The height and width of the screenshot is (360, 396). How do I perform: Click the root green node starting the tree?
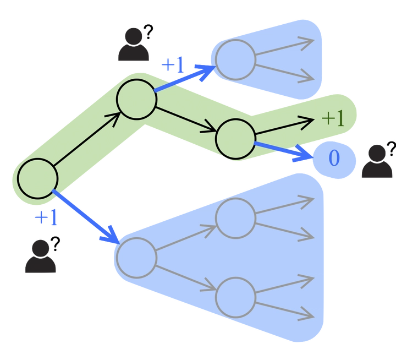38,178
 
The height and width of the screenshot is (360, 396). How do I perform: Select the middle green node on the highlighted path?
136,100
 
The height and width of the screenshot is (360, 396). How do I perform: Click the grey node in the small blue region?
235,59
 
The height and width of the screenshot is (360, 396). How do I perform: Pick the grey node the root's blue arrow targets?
136,257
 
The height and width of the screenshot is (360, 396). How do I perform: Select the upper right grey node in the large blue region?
235,219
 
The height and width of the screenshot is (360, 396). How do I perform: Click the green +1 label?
332,118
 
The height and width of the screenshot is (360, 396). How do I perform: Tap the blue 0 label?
334,159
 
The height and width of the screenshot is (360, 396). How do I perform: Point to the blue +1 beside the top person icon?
172,66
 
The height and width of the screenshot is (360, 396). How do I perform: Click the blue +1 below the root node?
45,219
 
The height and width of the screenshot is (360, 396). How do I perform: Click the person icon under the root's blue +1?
41,258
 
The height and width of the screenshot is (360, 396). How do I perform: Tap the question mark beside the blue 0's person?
391,147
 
